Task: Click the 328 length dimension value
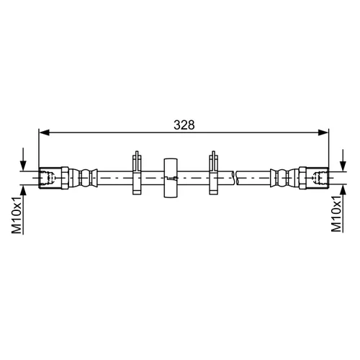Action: click(x=184, y=125)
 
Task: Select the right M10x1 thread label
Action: click(x=336, y=214)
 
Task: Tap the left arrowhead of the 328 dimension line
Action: click(x=44, y=132)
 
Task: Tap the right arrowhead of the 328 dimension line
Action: click(x=323, y=132)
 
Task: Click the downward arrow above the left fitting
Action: click(x=23, y=159)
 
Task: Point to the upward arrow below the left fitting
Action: click(x=23, y=210)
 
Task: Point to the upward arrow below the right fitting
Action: click(x=343, y=209)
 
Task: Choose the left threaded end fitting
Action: click(x=50, y=178)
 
